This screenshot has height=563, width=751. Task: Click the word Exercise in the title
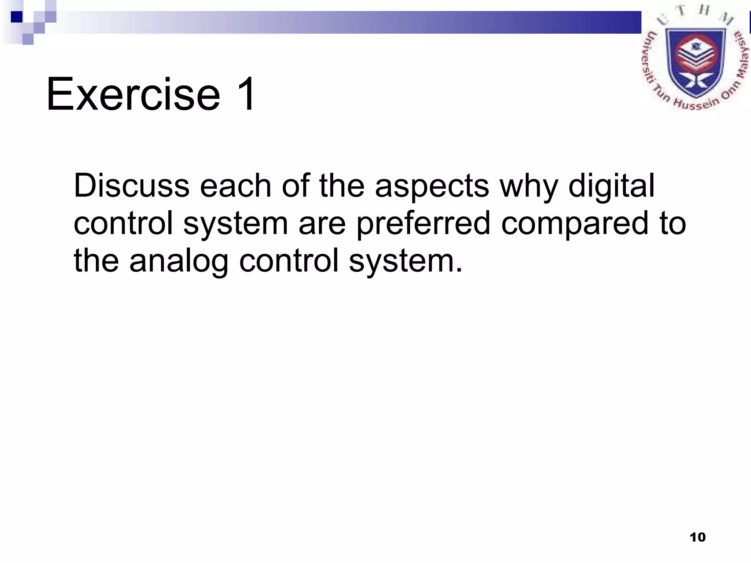133,94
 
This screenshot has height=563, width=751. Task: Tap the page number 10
697,537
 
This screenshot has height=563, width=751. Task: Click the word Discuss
131,186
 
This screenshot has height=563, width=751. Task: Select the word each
235,186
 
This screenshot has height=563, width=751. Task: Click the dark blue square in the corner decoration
17,17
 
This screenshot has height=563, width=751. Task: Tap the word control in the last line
289,261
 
